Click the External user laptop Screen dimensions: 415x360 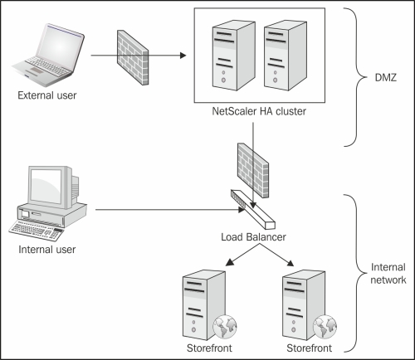tap(47, 55)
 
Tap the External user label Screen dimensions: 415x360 tap(47, 95)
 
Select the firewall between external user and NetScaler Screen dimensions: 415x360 tap(133, 57)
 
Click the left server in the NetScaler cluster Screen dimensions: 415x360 tap(234, 56)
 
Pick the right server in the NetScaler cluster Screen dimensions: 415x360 tap(286, 56)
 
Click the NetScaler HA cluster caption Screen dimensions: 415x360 tap(259, 111)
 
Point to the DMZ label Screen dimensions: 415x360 tap(386, 78)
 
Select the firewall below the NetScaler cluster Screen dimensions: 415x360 tap(253, 170)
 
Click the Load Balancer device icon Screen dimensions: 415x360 tap(253, 209)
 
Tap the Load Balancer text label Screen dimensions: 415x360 tap(253, 237)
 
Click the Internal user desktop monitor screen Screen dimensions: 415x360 tap(46, 186)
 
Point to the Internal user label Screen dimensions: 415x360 tap(47, 250)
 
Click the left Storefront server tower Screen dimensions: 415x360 tap(204, 305)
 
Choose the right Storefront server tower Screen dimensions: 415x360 tap(304, 305)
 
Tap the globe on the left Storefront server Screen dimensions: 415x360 tap(225, 327)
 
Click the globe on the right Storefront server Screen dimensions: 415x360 tap(325, 327)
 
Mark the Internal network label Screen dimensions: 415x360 tap(388, 274)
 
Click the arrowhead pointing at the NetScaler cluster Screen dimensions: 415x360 tap(183, 56)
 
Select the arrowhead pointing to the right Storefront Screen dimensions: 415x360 tap(290, 263)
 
